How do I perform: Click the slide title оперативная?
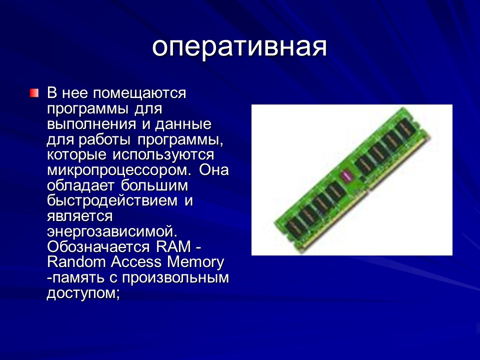[x=239, y=46]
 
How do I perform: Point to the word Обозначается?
[x=99, y=247]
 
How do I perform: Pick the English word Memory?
[x=196, y=262]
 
